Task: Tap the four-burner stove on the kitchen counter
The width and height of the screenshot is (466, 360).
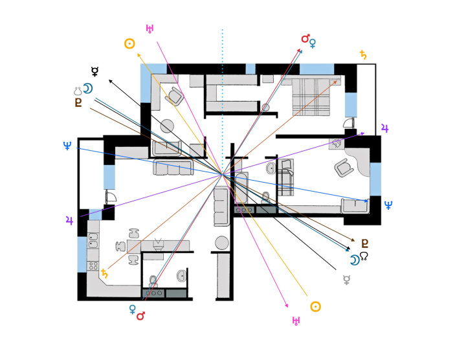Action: [93, 265]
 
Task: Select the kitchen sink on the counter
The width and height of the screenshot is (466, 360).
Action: [93, 242]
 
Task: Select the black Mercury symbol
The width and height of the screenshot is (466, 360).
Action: [95, 71]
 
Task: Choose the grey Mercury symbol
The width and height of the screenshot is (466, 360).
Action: [348, 280]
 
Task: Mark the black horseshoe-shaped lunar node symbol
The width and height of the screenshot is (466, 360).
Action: [366, 257]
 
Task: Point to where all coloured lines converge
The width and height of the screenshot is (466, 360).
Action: [222, 174]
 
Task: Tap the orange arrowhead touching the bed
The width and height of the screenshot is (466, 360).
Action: [336, 81]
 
